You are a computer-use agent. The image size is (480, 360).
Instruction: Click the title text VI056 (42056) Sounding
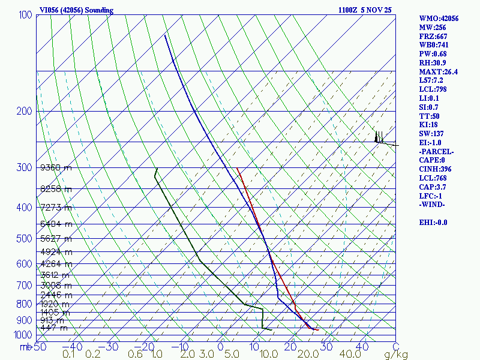pos(76,10)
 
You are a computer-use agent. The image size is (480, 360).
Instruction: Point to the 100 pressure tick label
pos(25,14)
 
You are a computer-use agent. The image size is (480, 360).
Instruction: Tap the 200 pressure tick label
pos(25,111)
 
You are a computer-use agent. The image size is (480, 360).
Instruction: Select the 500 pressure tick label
pos(25,239)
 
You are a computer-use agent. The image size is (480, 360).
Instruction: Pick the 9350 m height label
pos(56,168)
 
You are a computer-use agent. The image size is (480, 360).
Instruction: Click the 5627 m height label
pos(56,238)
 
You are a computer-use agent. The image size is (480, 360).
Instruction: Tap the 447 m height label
pos(54,328)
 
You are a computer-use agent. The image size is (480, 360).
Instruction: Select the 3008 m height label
pos(56,285)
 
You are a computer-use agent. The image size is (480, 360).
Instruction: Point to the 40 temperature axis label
pos(362,346)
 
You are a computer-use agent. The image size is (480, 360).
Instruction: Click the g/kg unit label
pos(395,355)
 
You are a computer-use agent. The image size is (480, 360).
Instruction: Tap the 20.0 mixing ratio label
pos(307,355)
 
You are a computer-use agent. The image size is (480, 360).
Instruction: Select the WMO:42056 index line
pos(439,19)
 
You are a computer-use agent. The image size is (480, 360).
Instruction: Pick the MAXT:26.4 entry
pos(438,72)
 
